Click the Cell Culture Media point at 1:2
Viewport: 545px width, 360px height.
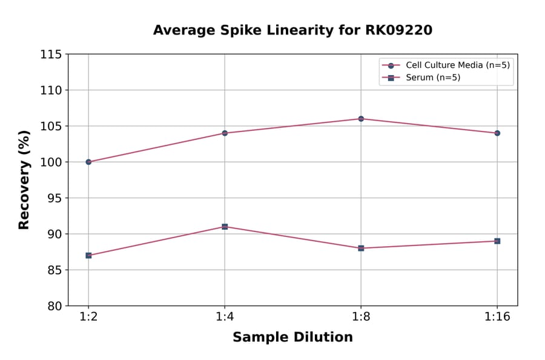[88, 162]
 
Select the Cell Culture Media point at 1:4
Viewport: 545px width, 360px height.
[225, 133]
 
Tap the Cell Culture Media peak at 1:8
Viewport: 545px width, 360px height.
[361, 119]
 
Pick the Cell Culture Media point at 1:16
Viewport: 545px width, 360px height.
[497, 133]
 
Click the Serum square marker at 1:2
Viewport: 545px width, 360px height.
[88, 255]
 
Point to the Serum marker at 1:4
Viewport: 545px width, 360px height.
[225, 227]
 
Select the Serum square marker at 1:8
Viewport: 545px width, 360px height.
[361, 248]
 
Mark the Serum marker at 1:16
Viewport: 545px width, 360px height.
[497, 241]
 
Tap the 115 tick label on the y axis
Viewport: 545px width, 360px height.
[51, 55]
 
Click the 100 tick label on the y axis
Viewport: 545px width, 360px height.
[51, 162]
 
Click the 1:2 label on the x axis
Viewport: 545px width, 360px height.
[88, 317]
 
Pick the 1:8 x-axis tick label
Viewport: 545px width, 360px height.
[361, 317]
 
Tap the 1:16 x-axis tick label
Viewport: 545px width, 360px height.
[497, 317]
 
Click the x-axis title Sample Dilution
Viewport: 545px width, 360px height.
[292, 338]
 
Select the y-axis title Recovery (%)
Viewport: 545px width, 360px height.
[24, 179]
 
